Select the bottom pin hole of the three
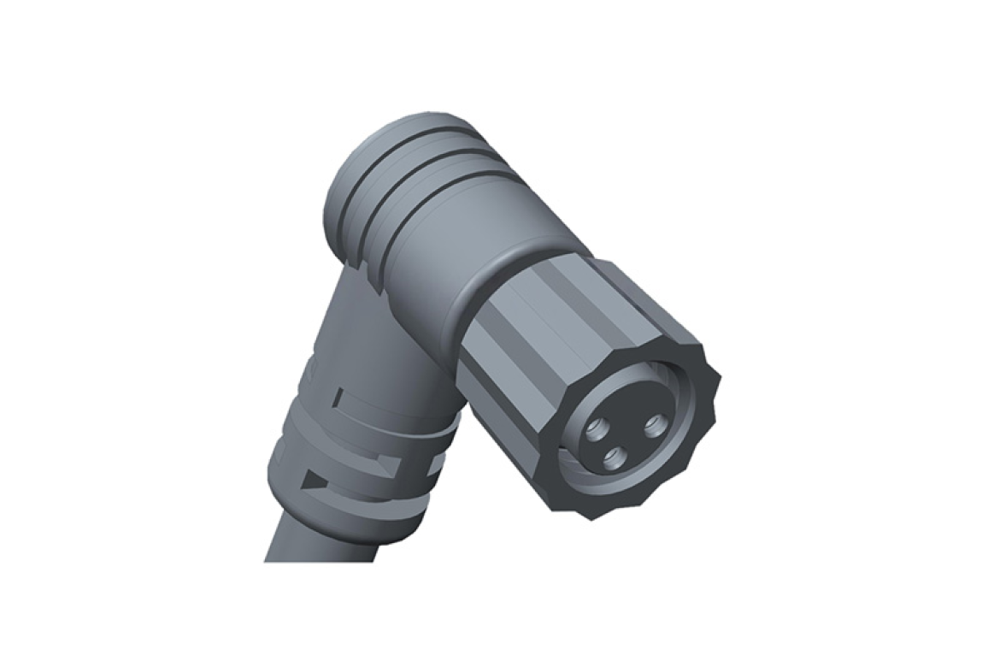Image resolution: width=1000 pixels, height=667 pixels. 613,460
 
